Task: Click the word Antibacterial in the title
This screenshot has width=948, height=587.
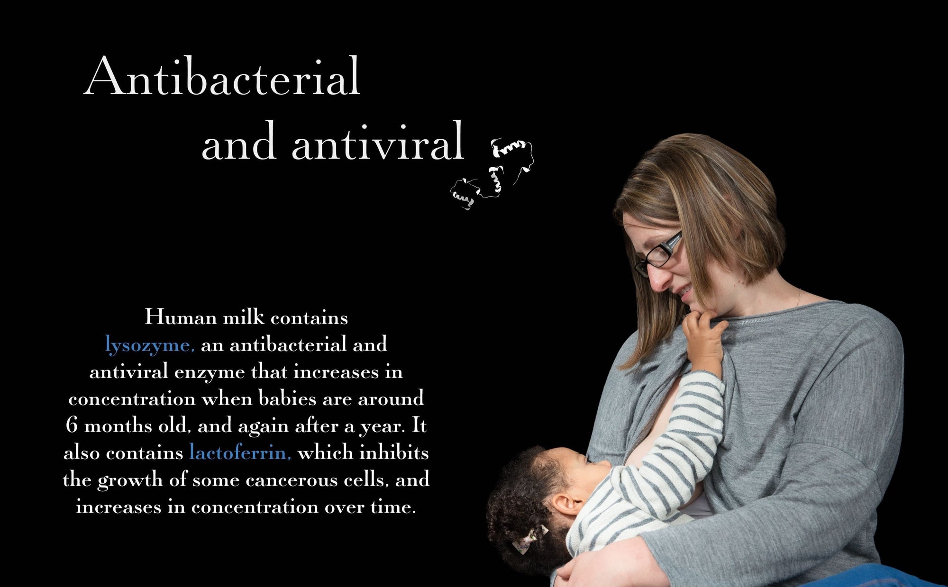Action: [222, 77]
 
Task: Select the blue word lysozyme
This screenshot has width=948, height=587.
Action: [149, 344]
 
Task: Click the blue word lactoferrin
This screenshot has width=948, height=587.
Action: [240, 452]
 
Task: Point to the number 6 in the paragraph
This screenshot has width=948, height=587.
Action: [72, 425]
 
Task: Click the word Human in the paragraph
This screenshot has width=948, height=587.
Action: [180, 317]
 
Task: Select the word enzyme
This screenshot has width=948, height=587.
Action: [209, 371]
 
